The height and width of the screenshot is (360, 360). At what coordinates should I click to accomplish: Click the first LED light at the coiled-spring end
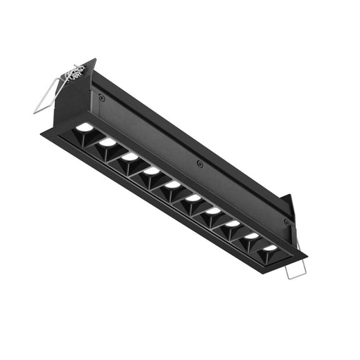[84, 127]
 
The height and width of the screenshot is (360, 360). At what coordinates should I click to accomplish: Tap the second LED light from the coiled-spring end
[107, 142]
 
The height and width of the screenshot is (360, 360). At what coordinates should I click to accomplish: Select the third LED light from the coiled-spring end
[130, 156]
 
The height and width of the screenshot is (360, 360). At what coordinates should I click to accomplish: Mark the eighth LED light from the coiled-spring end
[232, 223]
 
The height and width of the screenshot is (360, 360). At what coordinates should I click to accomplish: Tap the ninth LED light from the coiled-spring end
[251, 236]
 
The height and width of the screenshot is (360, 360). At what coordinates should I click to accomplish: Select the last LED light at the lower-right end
[270, 247]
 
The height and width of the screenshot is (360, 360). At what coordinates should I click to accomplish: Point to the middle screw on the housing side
[200, 164]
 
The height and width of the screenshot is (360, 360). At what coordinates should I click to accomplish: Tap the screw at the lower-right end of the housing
[286, 221]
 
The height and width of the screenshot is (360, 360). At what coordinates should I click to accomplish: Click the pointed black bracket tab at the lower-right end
[288, 204]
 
